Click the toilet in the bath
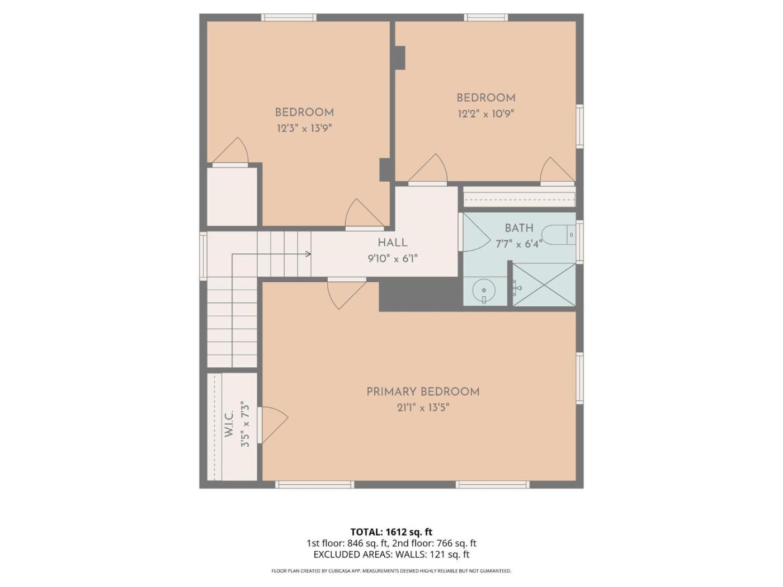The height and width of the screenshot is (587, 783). pyautogui.click(x=558, y=235)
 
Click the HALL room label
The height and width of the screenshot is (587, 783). pyautogui.click(x=393, y=243)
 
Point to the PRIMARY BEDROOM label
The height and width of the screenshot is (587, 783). pyautogui.click(x=423, y=392)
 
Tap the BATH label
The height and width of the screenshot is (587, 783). pyautogui.click(x=519, y=228)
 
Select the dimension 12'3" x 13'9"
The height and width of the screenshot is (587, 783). pyautogui.click(x=305, y=129)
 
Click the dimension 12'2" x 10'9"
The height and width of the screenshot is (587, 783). pyautogui.click(x=486, y=113)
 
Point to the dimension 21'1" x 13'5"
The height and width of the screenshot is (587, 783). pyautogui.click(x=423, y=408)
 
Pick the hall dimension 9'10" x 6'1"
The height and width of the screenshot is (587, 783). pyautogui.click(x=393, y=258)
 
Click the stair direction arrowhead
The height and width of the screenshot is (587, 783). pyautogui.click(x=309, y=254)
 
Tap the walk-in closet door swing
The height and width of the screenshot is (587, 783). pyautogui.click(x=273, y=425)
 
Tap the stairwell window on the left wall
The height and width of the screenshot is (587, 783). pyautogui.click(x=203, y=256)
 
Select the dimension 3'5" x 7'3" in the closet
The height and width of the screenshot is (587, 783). pyautogui.click(x=245, y=424)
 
